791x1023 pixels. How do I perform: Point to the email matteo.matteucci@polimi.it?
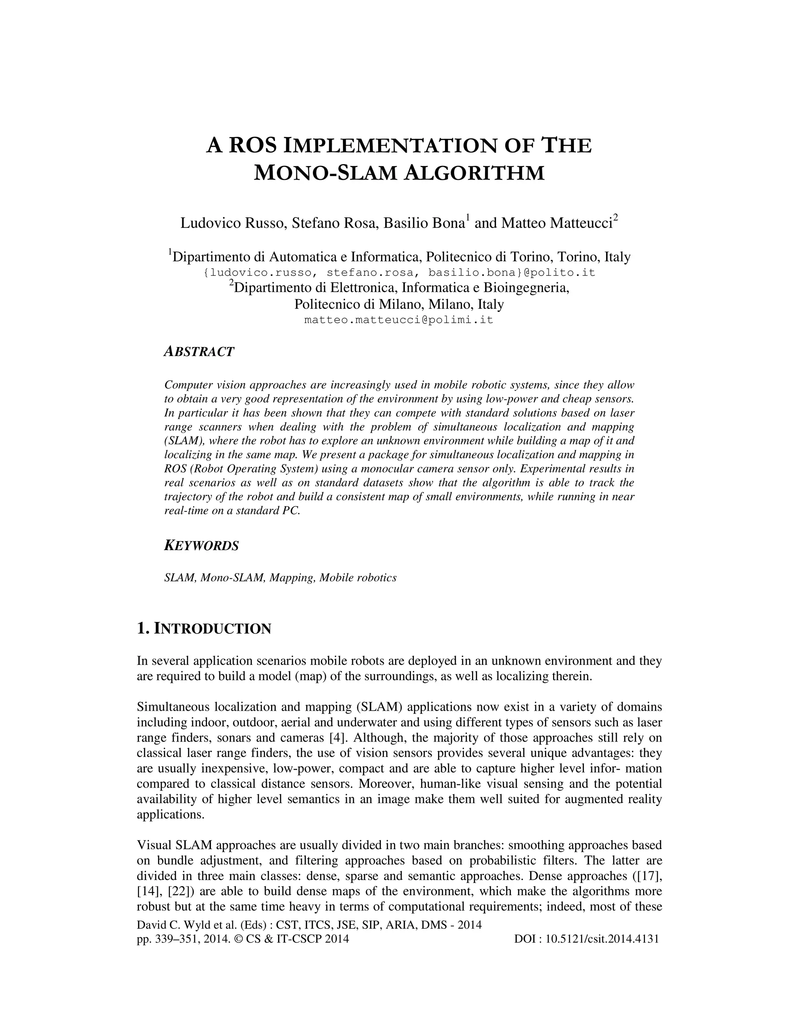[x=399, y=320]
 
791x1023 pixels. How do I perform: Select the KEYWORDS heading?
[x=202, y=546]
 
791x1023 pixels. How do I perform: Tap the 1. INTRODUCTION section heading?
[x=204, y=628]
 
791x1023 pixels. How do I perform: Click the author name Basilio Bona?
[x=424, y=223]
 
